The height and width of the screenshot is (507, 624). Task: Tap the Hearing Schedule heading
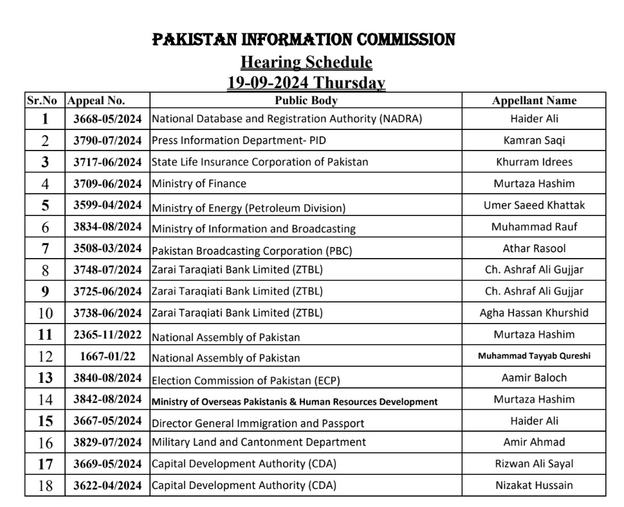pyautogui.click(x=306, y=62)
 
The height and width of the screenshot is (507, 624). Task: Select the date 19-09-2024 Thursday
pyautogui.click(x=306, y=83)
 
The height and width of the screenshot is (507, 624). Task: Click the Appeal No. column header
pyautogui.click(x=96, y=100)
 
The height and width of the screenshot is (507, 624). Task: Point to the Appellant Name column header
pyautogui.click(x=534, y=100)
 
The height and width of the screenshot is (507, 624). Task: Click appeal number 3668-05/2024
pyautogui.click(x=107, y=119)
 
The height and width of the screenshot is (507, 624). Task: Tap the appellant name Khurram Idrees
pyautogui.click(x=534, y=161)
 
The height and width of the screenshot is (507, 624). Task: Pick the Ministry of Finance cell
pyautogui.click(x=199, y=183)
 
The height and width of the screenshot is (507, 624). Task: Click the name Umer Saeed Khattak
pyautogui.click(x=534, y=205)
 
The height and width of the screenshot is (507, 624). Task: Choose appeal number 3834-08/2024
pyautogui.click(x=107, y=227)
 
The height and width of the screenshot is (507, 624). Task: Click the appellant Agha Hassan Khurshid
pyautogui.click(x=534, y=313)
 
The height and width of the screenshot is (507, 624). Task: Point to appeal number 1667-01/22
pyautogui.click(x=107, y=356)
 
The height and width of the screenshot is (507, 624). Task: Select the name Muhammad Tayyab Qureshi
pyautogui.click(x=534, y=356)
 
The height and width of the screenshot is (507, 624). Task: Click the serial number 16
pyautogui.click(x=45, y=443)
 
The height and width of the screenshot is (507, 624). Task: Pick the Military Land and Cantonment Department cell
pyautogui.click(x=259, y=442)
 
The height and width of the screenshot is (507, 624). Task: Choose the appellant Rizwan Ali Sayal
pyautogui.click(x=534, y=464)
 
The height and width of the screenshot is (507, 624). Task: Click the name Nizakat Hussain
pyautogui.click(x=534, y=485)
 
